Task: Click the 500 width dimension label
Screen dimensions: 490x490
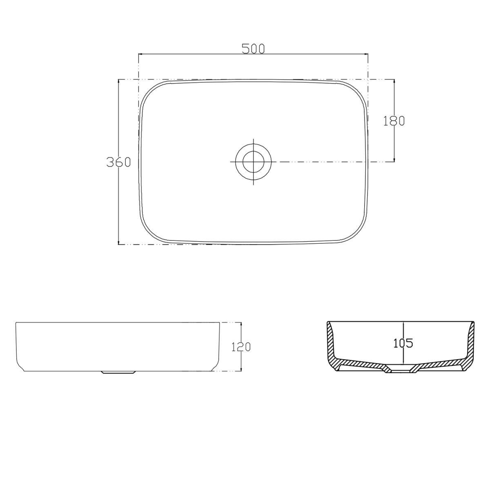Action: pyautogui.click(x=253, y=49)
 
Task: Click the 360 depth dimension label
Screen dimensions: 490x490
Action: pyautogui.click(x=118, y=162)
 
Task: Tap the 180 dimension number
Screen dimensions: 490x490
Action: pyautogui.click(x=394, y=120)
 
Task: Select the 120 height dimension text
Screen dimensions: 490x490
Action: pyautogui.click(x=241, y=347)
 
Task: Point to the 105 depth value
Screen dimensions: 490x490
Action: pyautogui.click(x=403, y=343)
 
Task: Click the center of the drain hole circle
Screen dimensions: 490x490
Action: pyautogui.click(x=253, y=162)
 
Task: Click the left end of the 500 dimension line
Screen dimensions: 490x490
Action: pyautogui.click(x=139, y=53)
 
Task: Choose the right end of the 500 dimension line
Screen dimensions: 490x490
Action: pyautogui.click(x=368, y=53)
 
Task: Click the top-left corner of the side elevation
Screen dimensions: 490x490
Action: pyautogui.click(x=16, y=323)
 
